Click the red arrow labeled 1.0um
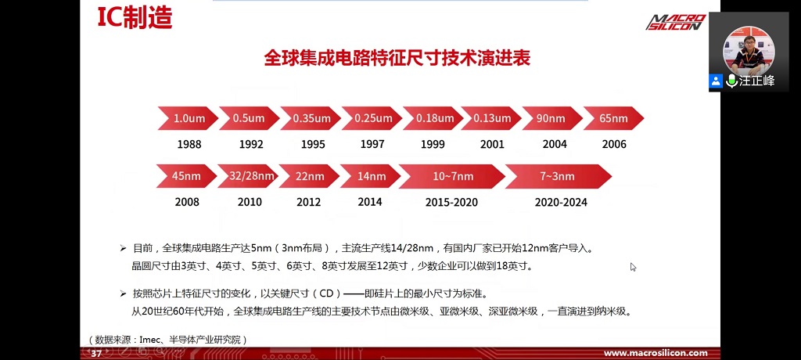click(188, 118)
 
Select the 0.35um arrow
click(311, 118)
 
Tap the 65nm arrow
click(613, 118)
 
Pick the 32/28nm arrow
click(248, 176)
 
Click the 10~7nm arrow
click(452, 176)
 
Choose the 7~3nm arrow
click(559, 176)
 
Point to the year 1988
click(189, 145)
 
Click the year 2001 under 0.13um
click(492, 145)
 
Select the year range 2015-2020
click(451, 203)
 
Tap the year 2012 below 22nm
click(308, 203)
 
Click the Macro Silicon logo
click(676, 22)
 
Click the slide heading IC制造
click(135, 19)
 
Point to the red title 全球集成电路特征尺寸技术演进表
click(397, 58)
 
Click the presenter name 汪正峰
click(756, 81)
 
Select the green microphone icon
click(731, 81)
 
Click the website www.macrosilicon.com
click(656, 354)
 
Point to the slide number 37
click(96, 354)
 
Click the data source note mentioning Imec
click(167, 340)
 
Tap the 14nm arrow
click(371, 176)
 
